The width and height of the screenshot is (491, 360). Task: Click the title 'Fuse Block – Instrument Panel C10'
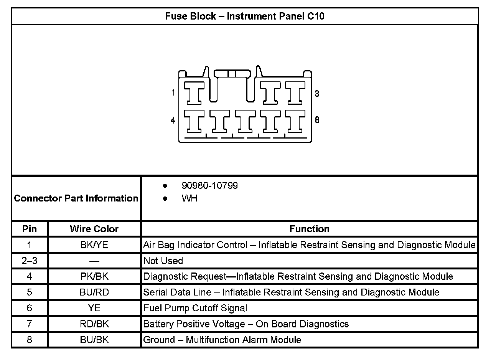pyautogui.click(x=245, y=17)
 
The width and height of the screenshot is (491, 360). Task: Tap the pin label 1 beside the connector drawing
pyautogui.click(x=173, y=92)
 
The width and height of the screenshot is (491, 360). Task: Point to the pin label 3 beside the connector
pyautogui.click(x=317, y=94)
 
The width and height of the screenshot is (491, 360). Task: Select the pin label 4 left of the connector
pyautogui.click(x=173, y=120)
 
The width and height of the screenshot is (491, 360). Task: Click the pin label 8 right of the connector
pyautogui.click(x=317, y=120)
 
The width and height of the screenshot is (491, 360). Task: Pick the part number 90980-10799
pyautogui.click(x=209, y=186)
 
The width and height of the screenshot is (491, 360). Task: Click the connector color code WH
pyautogui.click(x=189, y=199)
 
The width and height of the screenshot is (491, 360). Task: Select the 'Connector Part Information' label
pyautogui.click(x=76, y=198)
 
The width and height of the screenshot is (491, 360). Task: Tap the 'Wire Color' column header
pyautogui.click(x=94, y=229)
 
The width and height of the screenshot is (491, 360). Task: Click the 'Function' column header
pyautogui.click(x=309, y=229)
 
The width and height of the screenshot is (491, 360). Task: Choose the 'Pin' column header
pyautogui.click(x=30, y=229)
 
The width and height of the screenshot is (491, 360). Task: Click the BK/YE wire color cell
pyautogui.click(x=94, y=245)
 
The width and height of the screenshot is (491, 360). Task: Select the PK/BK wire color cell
pyautogui.click(x=94, y=276)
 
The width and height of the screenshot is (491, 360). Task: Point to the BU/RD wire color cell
pyautogui.click(x=94, y=292)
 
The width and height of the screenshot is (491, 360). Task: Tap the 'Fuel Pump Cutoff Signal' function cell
pyautogui.click(x=195, y=308)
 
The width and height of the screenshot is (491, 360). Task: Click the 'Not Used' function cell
pyautogui.click(x=163, y=261)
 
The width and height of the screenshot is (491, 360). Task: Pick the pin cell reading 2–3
pyautogui.click(x=30, y=261)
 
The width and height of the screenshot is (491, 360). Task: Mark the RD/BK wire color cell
pyautogui.click(x=94, y=324)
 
